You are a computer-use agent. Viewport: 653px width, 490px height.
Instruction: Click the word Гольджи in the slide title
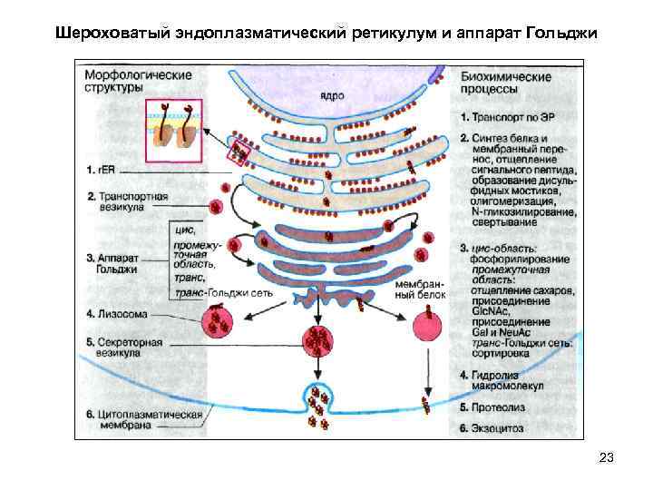559,34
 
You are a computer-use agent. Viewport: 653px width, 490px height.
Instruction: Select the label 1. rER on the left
100,169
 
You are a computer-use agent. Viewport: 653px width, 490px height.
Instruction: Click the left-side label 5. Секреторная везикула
124,349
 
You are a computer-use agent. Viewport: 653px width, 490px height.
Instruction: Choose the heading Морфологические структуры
137,80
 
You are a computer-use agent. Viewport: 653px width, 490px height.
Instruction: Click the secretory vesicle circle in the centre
318,342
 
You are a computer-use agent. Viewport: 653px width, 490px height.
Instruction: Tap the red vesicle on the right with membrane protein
427,323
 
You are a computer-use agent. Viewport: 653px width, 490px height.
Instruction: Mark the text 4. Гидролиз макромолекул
504,379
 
